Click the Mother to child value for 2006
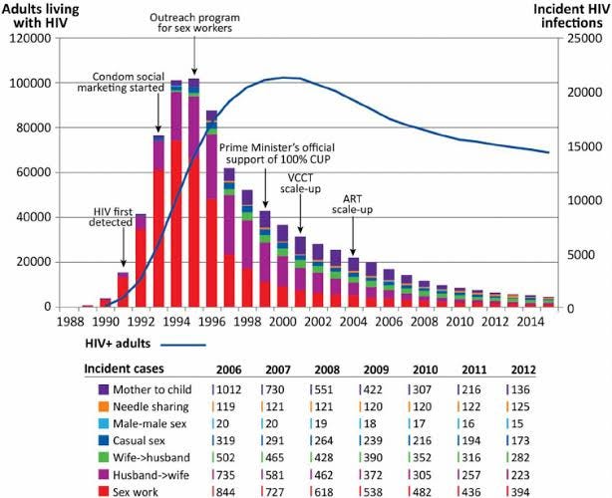[228, 389]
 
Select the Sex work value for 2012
[521, 492]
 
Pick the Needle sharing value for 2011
[471, 406]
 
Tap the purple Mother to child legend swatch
[104, 389]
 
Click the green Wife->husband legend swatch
[104, 457]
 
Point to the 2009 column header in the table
[376, 370]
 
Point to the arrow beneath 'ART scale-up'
[353, 235]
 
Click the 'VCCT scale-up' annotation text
[301, 183]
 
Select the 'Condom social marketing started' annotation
[121, 82]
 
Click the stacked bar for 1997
[229, 237]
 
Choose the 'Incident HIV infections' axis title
[571, 16]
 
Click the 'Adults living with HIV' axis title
[41, 16]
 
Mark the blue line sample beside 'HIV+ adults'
[183, 345]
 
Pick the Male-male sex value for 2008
[322, 423]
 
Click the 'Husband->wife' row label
[152, 475]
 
